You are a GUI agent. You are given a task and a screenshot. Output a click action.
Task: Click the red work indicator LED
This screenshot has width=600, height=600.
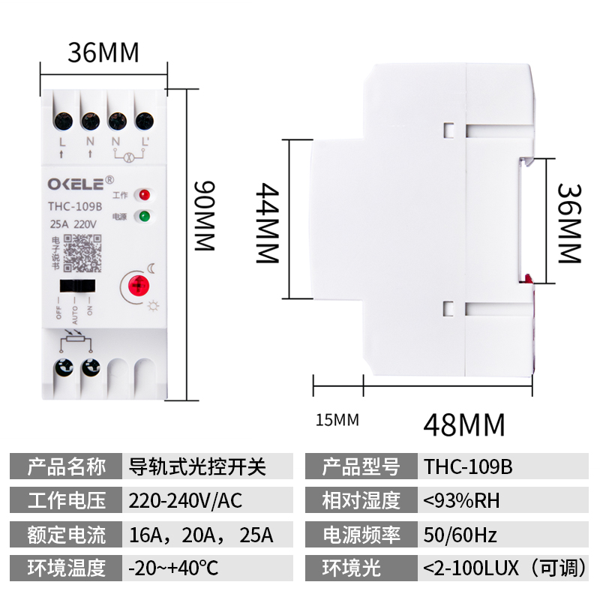[142, 196]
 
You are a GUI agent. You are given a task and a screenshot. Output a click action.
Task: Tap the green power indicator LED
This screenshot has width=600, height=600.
[142, 217]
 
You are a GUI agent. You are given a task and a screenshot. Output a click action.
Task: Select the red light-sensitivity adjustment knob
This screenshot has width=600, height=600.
[138, 285]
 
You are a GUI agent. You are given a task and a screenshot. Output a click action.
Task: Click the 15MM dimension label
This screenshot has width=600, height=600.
[335, 420]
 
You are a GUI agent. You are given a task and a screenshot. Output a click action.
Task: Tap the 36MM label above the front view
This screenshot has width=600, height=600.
[103, 53]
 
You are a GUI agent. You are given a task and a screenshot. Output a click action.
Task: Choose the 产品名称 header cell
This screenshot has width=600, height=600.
[66, 467]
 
